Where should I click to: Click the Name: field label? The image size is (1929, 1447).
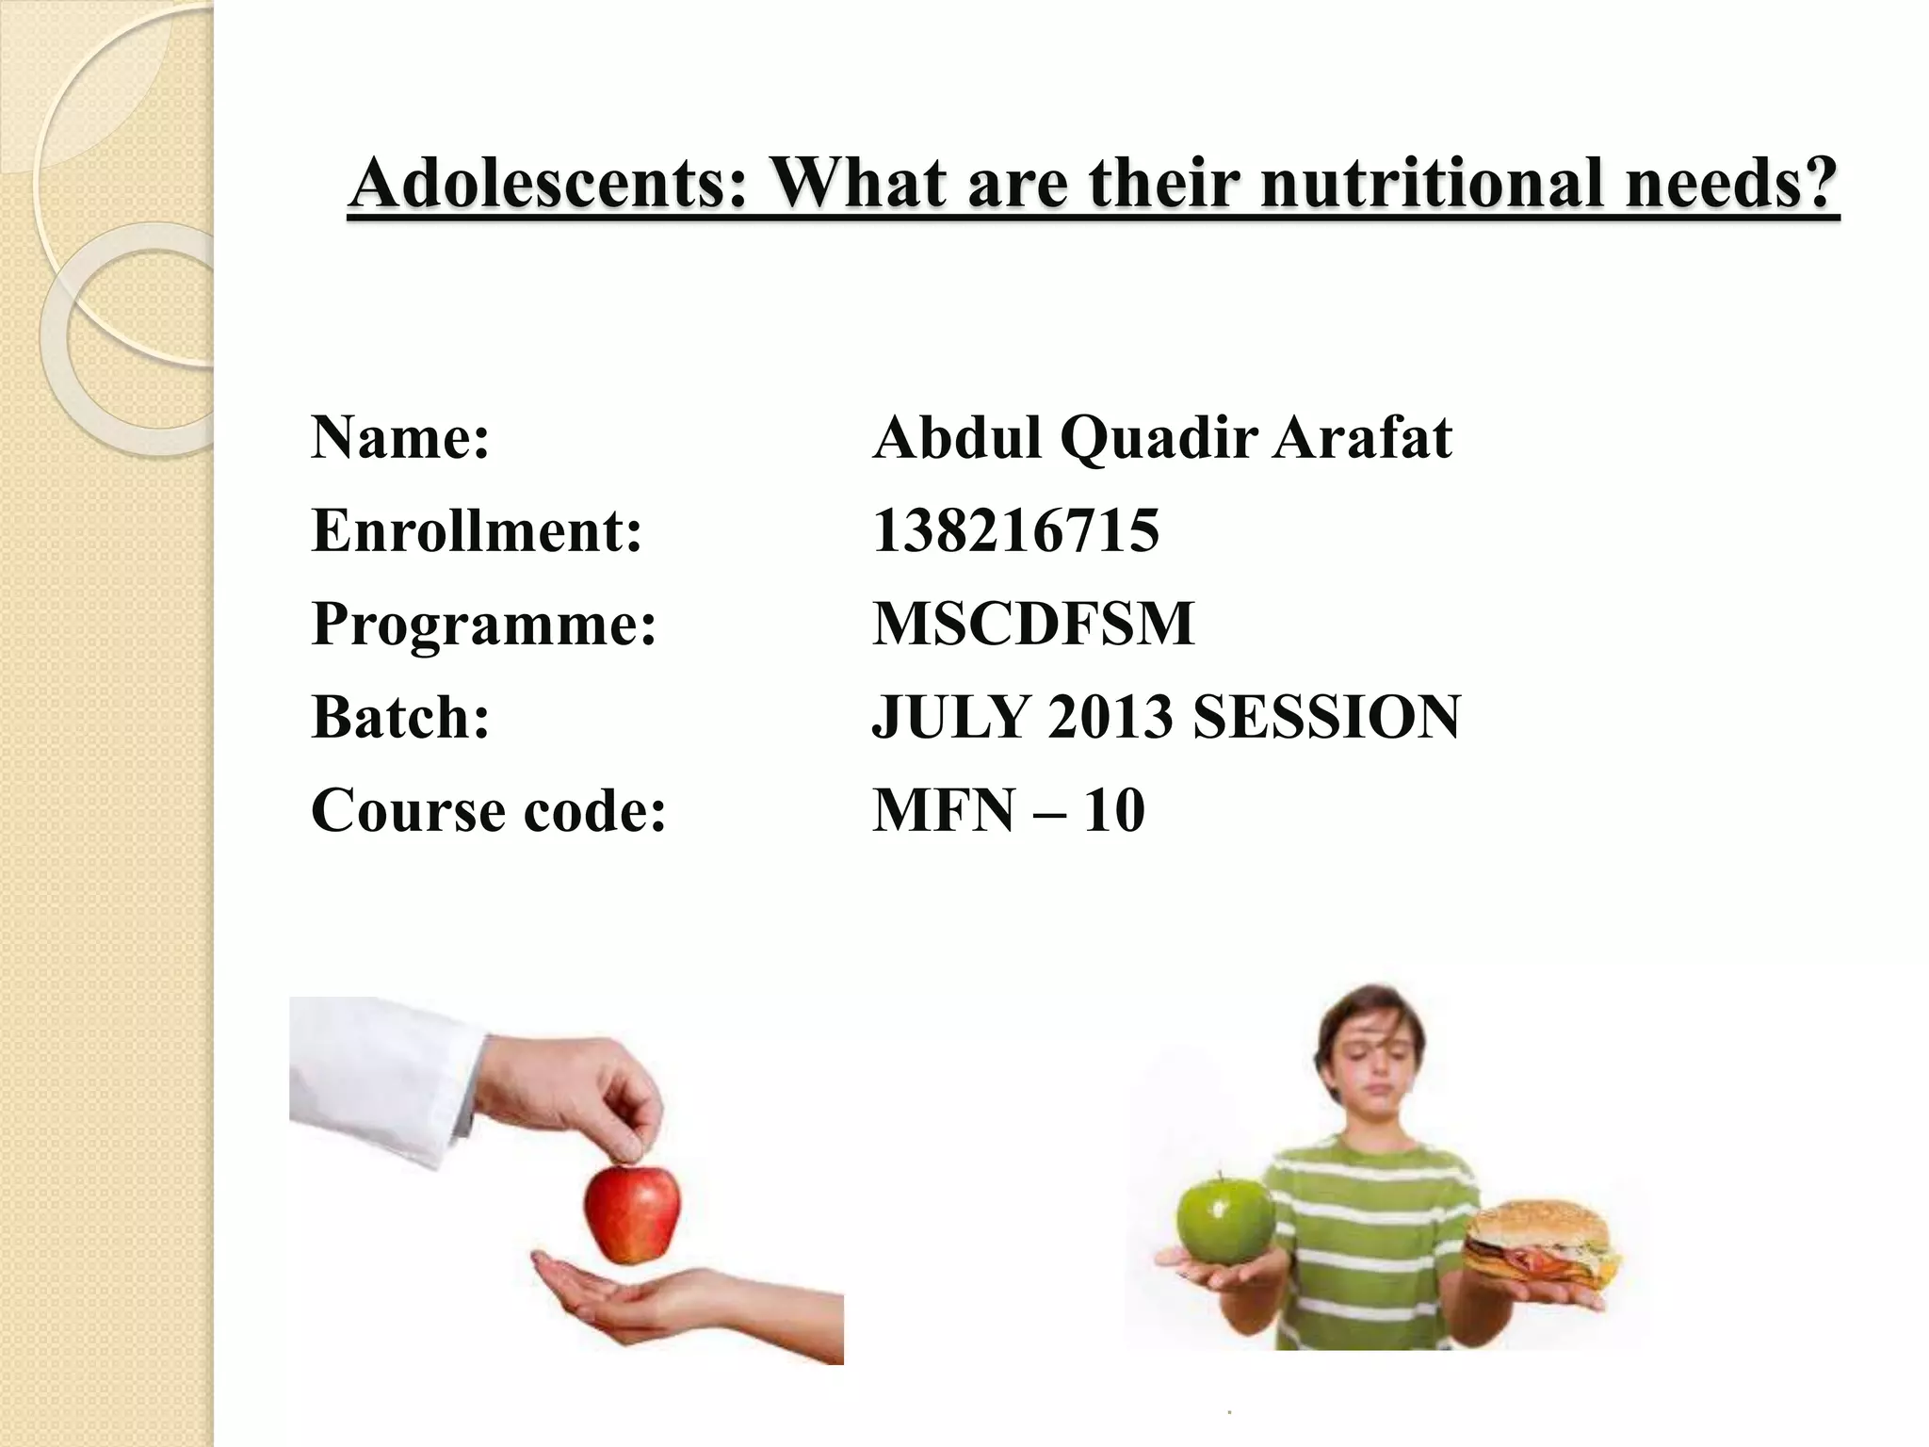pyautogui.click(x=400, y=438)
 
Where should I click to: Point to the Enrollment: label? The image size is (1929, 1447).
pyautogui.click(x=477, y=530)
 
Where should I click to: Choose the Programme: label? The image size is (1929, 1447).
pyautogui.click(x=483, y=624)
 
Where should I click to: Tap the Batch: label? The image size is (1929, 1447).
pyautogui.click(x=400, y=717)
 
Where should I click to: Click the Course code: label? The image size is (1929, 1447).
pyautogui.click(x=488, y=810)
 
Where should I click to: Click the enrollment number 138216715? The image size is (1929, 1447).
pyautogui.click(x=1015, y=530)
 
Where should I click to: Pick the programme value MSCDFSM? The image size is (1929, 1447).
pyautogui.click(x=1033, y=624)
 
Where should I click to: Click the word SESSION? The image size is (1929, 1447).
pyautogui.click(x=1326, y=717)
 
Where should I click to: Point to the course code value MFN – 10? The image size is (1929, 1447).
pyautogui.click(x=1008, y=810)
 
